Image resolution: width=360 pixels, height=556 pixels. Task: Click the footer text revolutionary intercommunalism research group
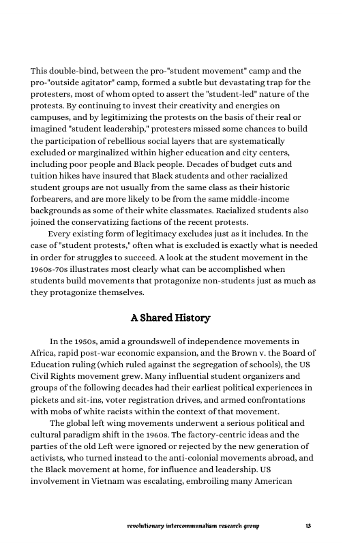194,526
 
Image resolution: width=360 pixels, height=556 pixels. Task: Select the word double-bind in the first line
74,72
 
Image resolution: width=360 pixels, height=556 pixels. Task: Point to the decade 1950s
85,341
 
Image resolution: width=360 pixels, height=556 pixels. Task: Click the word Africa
45,352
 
